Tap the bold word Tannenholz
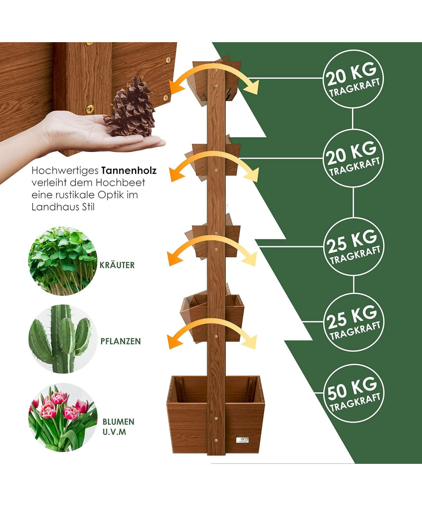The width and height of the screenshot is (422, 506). (x=129, y=171)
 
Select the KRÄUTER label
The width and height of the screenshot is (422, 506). (x=117, y=265)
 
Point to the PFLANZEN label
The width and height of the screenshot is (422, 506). (x=121, y=341)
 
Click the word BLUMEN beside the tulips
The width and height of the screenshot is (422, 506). (x=118, y=422)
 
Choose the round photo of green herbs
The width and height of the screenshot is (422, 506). (x=63, y=261)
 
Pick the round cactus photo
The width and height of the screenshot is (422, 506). (x=63, y=339)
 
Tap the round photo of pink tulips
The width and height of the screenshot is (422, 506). (x=63, y=417)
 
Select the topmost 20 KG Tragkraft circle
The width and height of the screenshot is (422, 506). (x=353, y=79)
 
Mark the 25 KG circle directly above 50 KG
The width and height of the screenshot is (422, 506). (x=354, y=322)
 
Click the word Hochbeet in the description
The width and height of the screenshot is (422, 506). (x=120, y=183)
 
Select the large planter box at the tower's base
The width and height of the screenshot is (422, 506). (x=215, y=414)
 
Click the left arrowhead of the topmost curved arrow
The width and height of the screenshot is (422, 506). (x=176, y=87)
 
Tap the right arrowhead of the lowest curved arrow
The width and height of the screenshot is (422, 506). (x=250, y=341)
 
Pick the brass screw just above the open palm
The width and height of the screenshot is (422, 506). (x=90, y=109)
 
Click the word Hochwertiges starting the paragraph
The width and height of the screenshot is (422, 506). (x=65, y=171)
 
